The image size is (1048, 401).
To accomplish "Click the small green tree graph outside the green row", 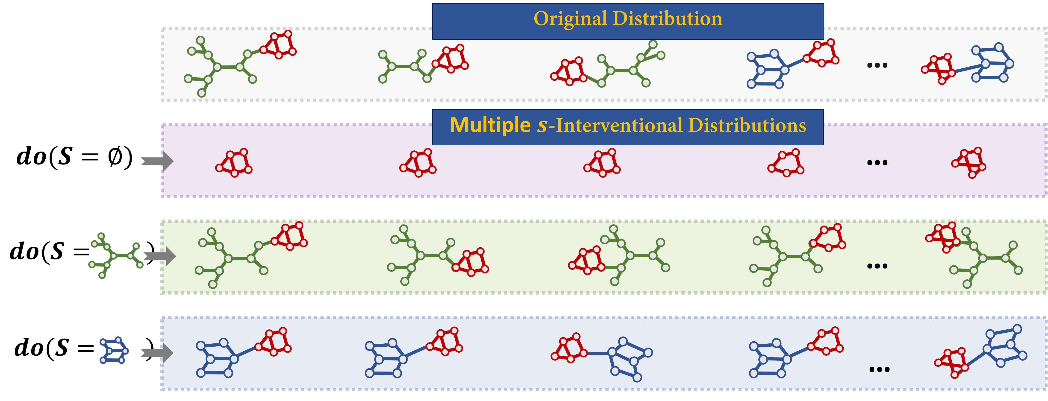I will click(115, 255).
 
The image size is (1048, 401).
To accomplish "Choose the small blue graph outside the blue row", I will click(114, 350).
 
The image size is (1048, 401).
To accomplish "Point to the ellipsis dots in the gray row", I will click(877, 65).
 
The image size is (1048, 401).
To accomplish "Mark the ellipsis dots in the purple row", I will click(877, 163).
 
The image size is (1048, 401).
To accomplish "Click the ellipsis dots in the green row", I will click(877, 266).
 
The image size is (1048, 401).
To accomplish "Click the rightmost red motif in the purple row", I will click(969, 163).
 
